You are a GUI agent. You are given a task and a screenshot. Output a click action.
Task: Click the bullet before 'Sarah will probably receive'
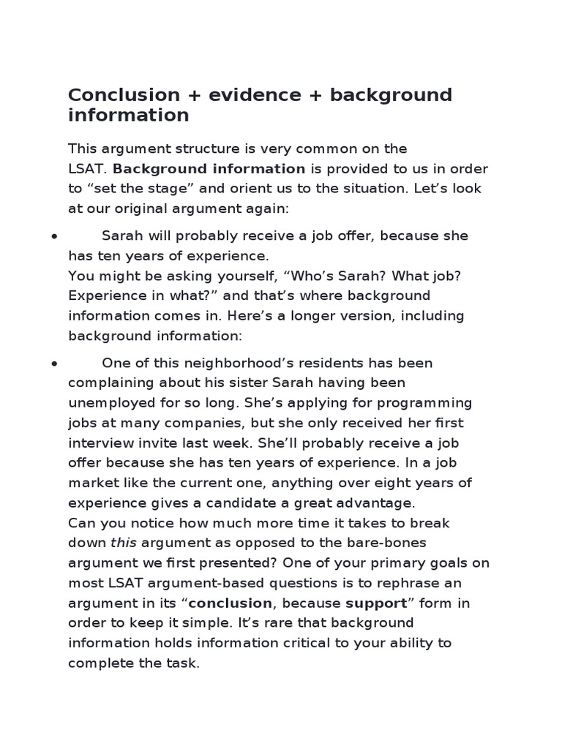click(x=54, y=236)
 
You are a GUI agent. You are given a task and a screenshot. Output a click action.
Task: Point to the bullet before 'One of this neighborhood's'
click(x=54, y=364)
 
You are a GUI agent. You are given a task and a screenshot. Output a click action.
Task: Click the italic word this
click(x=123, y=543)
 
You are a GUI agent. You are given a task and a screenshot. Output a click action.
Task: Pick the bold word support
click(x=375, y=603)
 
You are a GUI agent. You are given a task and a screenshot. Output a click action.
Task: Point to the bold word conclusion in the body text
click(x=231, y=603)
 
